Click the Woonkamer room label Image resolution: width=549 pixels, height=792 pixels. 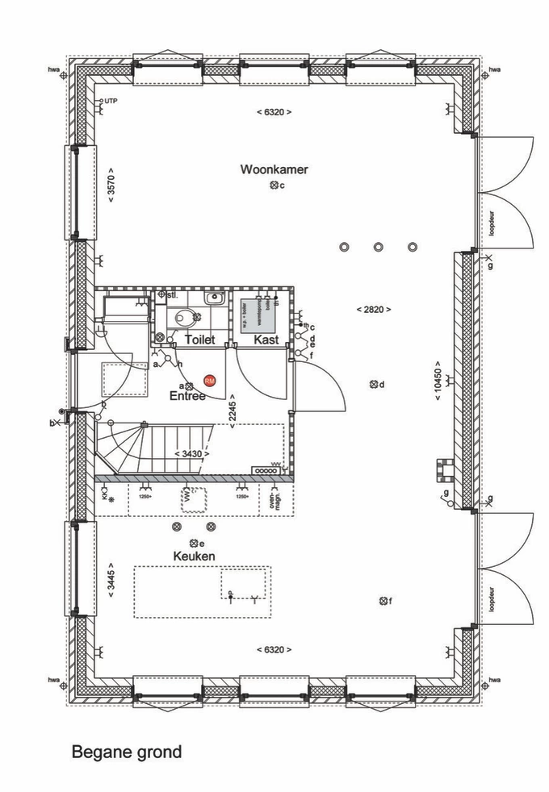point(274,169)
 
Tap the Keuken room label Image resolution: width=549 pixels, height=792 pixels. point(193,557)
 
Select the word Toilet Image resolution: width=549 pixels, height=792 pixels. point(200,340)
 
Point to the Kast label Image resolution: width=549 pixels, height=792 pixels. point(266,340)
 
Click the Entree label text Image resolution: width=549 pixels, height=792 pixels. point(186,397)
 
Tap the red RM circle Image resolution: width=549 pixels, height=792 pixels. point(210,380)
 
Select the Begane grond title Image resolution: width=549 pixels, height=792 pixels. point(127,752)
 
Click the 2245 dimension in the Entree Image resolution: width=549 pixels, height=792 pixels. point(233,412)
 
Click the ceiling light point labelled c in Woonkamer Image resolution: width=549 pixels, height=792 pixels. point(274,185)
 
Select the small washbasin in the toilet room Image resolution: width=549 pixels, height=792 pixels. point(214,298)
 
